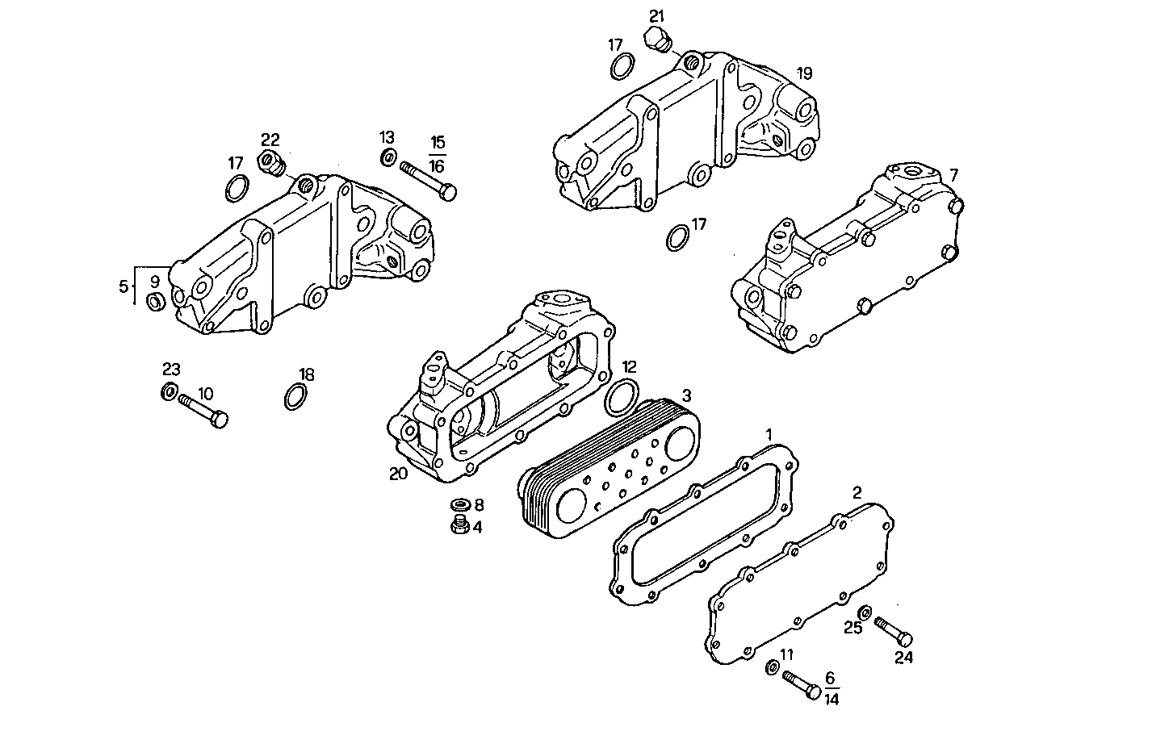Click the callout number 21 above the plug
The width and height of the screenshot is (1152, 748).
point(657,15)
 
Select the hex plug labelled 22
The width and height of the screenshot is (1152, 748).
point(270,161)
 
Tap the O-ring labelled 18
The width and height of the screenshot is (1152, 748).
point(295,397)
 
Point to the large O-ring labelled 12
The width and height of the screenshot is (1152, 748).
point(622,396)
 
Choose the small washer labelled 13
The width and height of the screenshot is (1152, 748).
point(387,157)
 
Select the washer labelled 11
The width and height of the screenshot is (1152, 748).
point(771,667)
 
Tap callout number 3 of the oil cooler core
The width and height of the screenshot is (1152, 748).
point(687,395)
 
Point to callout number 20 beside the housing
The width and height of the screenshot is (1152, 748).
point(398,474)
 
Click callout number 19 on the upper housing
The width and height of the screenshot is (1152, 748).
point(804,73)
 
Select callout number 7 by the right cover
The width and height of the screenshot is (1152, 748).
point(954,174)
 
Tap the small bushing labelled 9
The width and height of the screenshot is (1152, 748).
point(155,302)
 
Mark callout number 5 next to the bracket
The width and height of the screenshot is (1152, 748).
point(124,286)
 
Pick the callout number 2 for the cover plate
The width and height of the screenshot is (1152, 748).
point(857,491)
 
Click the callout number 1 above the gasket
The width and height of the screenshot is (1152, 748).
point(769,435)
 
